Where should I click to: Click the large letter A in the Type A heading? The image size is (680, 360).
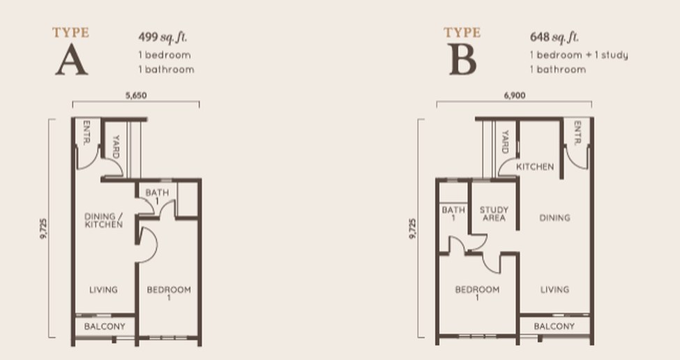coord(72,60)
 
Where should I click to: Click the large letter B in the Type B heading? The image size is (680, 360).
coord(462,60)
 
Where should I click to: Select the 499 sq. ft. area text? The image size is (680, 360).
coord(163,37)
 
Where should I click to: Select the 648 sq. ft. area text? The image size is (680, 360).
coord(554,37)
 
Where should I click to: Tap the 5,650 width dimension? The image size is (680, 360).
coord(136,96)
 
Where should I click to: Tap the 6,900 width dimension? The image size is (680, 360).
coord(515,96)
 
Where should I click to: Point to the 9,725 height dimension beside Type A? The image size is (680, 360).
coord(43,228)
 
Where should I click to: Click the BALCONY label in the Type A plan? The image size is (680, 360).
coord(105,327)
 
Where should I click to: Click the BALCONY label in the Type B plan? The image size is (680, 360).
coord(554,327)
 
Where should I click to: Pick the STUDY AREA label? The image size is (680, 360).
coord(494,213)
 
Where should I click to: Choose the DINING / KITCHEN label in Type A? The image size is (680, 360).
coord(104,220)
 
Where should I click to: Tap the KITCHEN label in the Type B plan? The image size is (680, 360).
coord(535,167)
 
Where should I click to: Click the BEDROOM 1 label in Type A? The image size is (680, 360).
coord(169,293)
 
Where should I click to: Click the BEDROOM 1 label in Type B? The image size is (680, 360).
coord(477,293)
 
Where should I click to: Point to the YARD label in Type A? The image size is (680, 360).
coord(116,147)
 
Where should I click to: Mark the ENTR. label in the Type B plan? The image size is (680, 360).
coord(577,133)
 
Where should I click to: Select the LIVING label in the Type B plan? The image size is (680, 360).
coord(554,290)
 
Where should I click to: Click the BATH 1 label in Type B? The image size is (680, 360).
coord(453,213)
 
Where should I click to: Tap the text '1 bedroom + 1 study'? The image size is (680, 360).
coord(579,55)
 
